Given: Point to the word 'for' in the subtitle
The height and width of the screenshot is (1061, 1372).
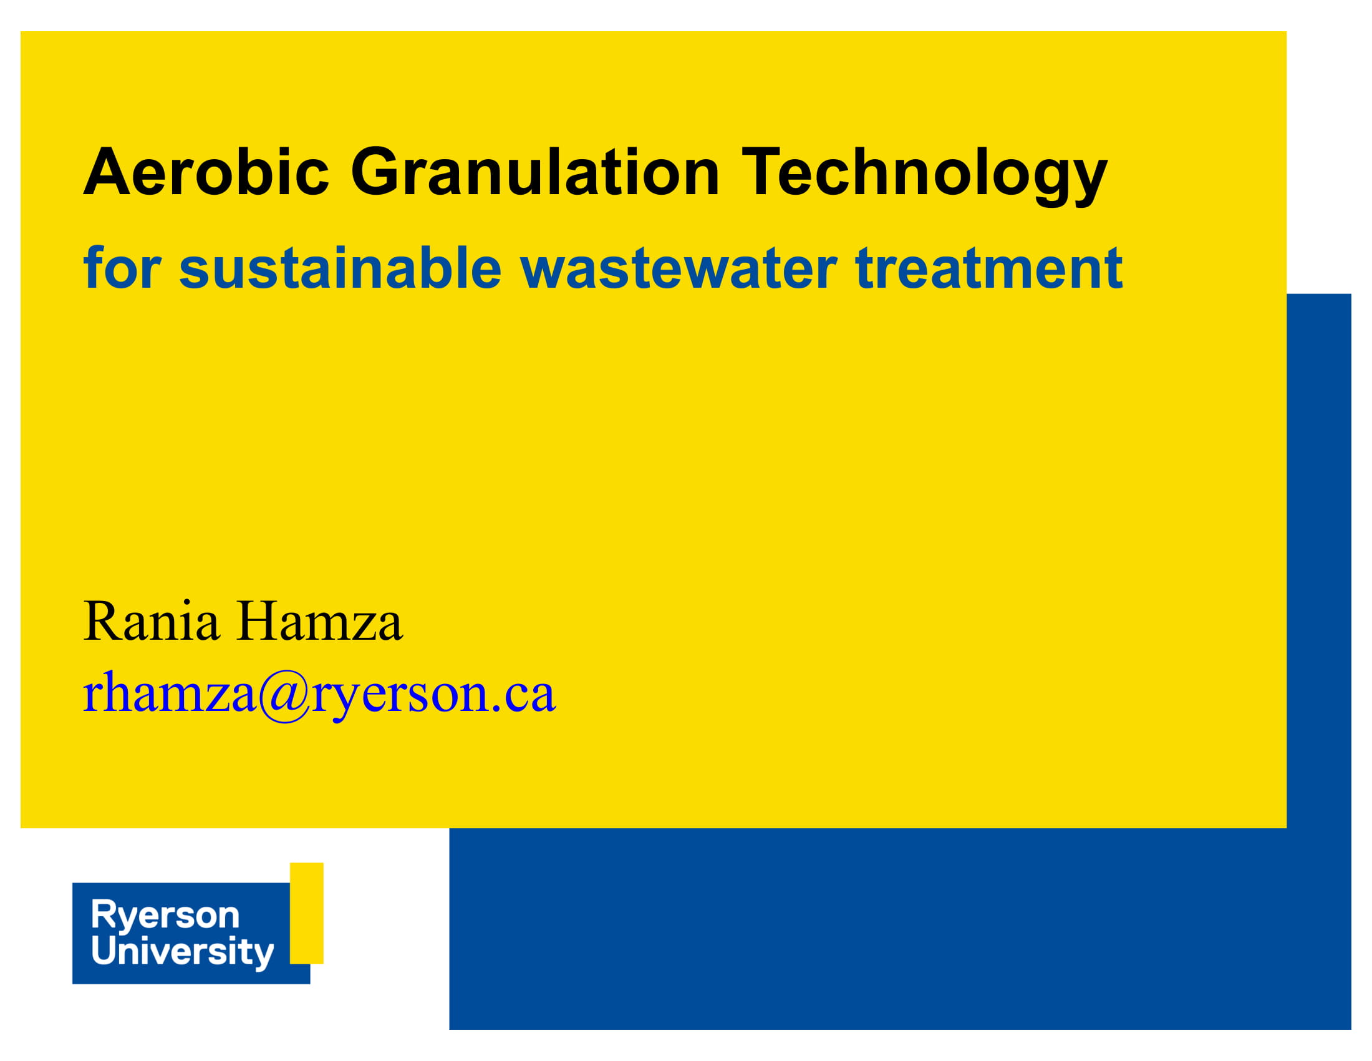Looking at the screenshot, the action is (x=122, y=268).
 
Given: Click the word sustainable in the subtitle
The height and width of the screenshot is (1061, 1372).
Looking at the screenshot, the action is (x=340, y=268).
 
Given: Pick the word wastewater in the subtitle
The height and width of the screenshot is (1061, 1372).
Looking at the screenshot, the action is (x=679, y=269).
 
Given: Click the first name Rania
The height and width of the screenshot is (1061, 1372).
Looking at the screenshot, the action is (x=152, y=621).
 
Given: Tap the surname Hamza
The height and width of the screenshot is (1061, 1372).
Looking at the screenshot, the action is (x=320, y=621).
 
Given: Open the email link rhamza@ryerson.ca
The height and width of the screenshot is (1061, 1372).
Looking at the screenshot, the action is (x=319, y=695).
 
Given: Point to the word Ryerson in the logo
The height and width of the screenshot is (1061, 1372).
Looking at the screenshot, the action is (x=165, y=915).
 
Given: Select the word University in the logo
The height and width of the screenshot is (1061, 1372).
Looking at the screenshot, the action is (x=183, y=952).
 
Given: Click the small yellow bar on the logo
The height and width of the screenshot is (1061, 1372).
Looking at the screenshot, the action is (x=307, y=912).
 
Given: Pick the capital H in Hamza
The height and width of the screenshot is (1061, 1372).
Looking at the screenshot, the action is (x=258, y=621).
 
